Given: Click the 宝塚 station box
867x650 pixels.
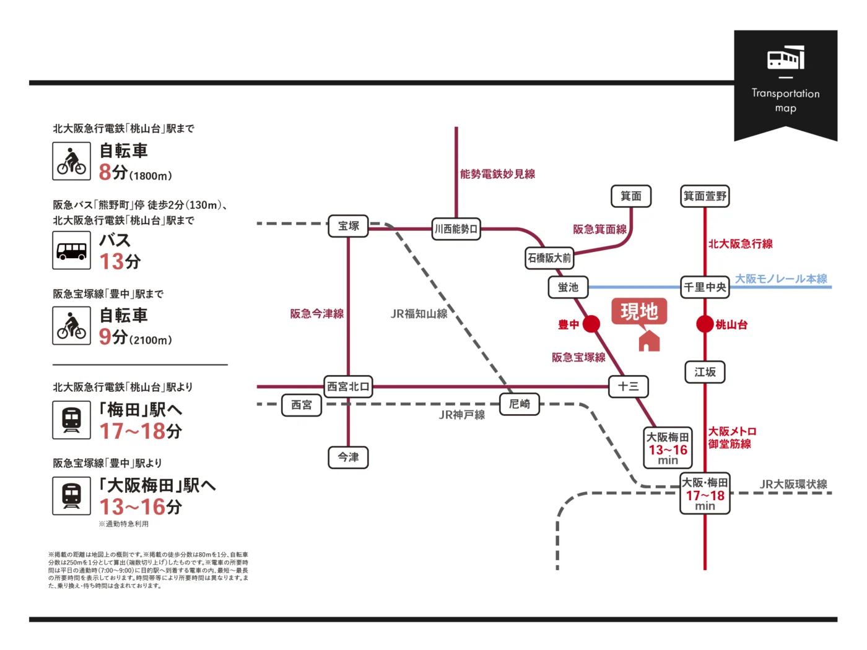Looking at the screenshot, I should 348,226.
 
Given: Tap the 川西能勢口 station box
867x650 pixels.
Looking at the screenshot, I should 456,229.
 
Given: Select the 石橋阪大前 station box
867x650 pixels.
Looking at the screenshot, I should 549,258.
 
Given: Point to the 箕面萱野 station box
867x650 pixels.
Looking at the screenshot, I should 705,196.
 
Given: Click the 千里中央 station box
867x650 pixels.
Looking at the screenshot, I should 705,287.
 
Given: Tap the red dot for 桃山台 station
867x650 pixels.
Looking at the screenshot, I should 705,324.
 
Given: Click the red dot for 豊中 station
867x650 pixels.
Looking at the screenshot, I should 591,324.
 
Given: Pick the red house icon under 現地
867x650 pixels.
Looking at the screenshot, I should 649,340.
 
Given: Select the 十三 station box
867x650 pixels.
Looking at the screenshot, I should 628,386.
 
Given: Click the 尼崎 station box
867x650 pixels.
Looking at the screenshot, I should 520,404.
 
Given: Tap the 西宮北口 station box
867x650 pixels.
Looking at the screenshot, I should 348,386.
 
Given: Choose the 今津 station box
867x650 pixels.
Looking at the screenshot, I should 348,457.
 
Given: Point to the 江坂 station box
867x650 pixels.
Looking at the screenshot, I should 705,372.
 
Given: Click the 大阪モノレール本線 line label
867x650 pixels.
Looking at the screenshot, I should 781,279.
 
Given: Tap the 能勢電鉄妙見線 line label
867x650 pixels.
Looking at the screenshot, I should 497,174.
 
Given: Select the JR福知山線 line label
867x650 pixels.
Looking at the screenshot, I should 419,314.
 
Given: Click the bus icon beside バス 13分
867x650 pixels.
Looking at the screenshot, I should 72,251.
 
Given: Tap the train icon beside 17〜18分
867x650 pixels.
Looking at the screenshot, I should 72,420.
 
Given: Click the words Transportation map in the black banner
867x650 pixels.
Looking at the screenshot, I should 785,100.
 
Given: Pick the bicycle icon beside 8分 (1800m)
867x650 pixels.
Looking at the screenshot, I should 72,162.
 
